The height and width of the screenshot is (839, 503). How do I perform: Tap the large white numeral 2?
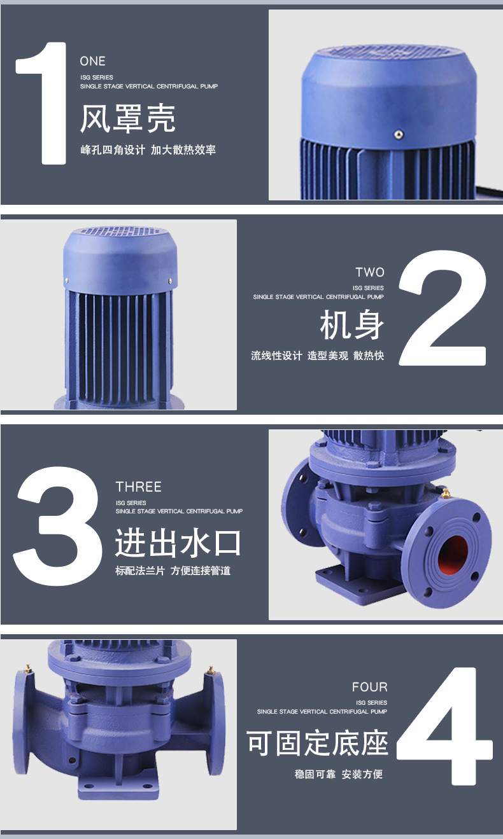pyautogui.click(x=443, y=308)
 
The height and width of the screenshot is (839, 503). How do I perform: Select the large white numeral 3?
pyautogui.click(x=57, y=526)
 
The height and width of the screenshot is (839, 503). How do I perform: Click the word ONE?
pyautogui.click(x=92, y=61)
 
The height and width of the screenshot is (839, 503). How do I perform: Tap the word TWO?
pyautogui.click(x=370, y=272)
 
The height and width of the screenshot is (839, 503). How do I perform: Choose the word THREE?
pyautogui.click(x=139, y=487)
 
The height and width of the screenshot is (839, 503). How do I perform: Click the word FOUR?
pyautogui.click(x=369, y=687)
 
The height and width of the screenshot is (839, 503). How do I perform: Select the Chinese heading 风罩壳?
pyautogui.click(x=128, y=118)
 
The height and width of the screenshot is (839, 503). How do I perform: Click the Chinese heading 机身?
pyautogui.click(x=352, y=325)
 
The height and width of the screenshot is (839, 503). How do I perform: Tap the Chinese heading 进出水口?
pyautogui.click(x=178, y=543)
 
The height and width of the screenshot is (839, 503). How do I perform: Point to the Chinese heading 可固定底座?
pyautogui.click(x=317, y=743)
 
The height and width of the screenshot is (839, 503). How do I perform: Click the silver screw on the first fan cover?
pyautogui.click(x=399, y=134)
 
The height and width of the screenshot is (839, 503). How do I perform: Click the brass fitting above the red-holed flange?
pyautogui.click(x=445, y=494)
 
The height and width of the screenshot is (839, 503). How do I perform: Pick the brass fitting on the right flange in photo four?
pyautogui.click(x=211, y=670)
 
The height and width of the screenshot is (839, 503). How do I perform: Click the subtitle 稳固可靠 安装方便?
pyautogui.click(x=339, y=774)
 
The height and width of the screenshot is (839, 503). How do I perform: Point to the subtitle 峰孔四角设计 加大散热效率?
pyautogui.click(x=148, y=150)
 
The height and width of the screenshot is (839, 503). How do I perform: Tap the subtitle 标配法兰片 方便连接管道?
pyautogui.click(x=173, y=571)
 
